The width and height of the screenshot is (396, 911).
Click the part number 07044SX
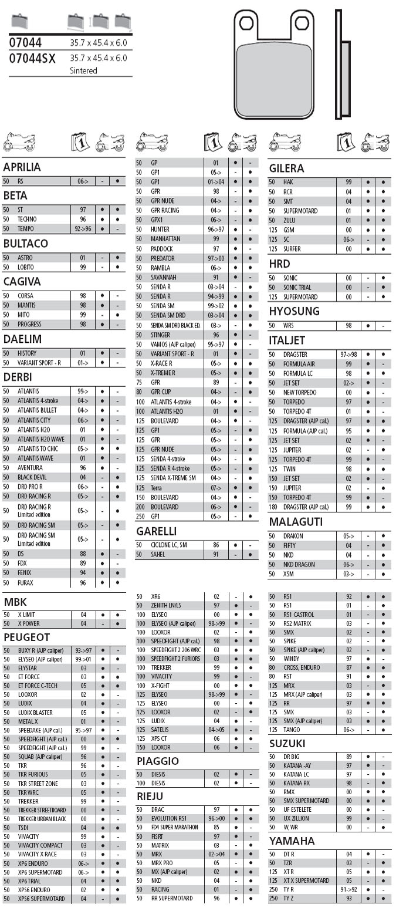[x=33, y=58]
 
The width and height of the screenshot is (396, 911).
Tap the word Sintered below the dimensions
[x=83, y=70]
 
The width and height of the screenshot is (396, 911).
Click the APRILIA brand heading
[x=22, y=167]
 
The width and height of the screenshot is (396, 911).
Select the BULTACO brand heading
[x=25, y=244]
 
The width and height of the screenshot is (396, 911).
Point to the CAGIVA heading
[x=22, y=282]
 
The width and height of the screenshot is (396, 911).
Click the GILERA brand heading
[x=287, y=168]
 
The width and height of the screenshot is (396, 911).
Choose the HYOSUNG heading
[x=294, y=311]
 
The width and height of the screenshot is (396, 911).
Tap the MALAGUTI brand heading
[x=296, y=522]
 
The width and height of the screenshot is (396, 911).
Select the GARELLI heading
[x=156, y=531]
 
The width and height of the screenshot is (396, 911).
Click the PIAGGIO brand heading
[x=158, y=761]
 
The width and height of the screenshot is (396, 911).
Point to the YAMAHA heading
[x=292, y=841]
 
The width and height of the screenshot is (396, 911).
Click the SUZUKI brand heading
[x=287, y=744]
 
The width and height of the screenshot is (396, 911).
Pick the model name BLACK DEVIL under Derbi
[x=34, y=477]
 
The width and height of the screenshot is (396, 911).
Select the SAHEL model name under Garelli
[x=158, y=554]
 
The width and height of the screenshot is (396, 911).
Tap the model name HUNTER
[x=160, y=230]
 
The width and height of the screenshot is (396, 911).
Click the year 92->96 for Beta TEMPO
[x=82, y=228]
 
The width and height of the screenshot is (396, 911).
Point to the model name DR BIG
[x=292, y=757]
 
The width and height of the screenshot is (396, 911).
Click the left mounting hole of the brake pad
[x=246, y=23]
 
